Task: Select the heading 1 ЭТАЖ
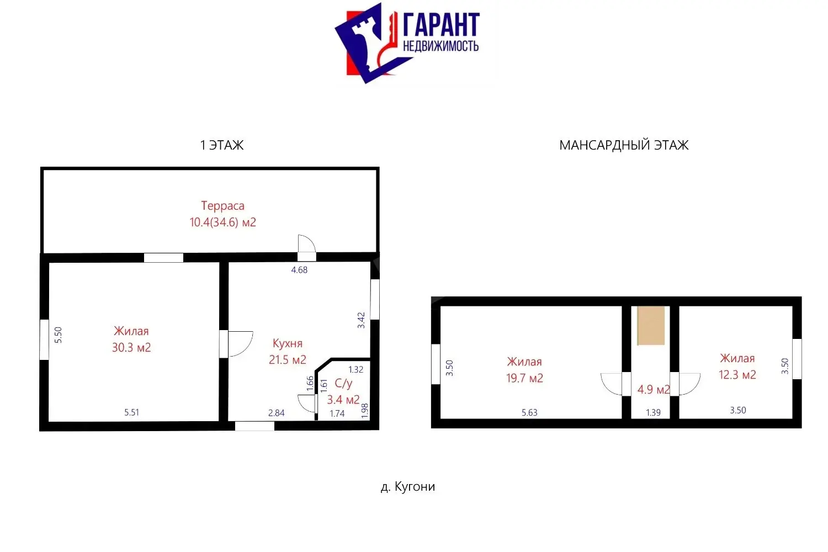point(222,145)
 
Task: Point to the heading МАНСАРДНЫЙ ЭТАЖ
point(624,145)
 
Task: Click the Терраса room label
point(222,205)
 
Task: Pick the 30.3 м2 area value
point(131,348)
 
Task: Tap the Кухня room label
point(288,343)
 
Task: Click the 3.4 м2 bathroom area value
point(343,400)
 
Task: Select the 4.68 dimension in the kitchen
point(299,270)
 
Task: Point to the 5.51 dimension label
point(131,412)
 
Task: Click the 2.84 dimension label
point(276,413)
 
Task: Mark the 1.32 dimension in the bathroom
point(355,369)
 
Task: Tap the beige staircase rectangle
point(651,325)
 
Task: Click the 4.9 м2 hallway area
point(654,389)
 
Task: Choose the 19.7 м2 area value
point(524,378)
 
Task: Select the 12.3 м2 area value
point(737,374)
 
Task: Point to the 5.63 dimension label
point(529,412)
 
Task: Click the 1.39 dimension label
point(653,412)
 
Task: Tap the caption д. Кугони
point(408,486)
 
